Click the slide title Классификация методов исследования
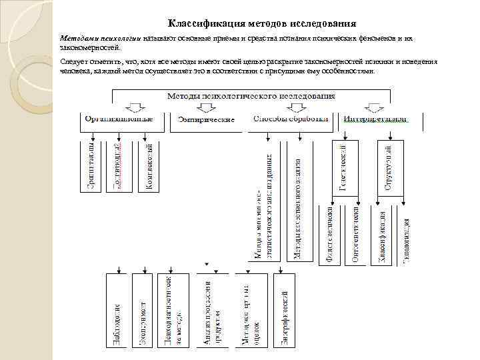261,23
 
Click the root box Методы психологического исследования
250,96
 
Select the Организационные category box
124,119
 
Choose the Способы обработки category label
292,119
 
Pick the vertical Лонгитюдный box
117,166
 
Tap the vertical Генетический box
343,166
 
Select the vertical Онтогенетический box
356,237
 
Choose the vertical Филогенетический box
329,237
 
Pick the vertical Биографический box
284,310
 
